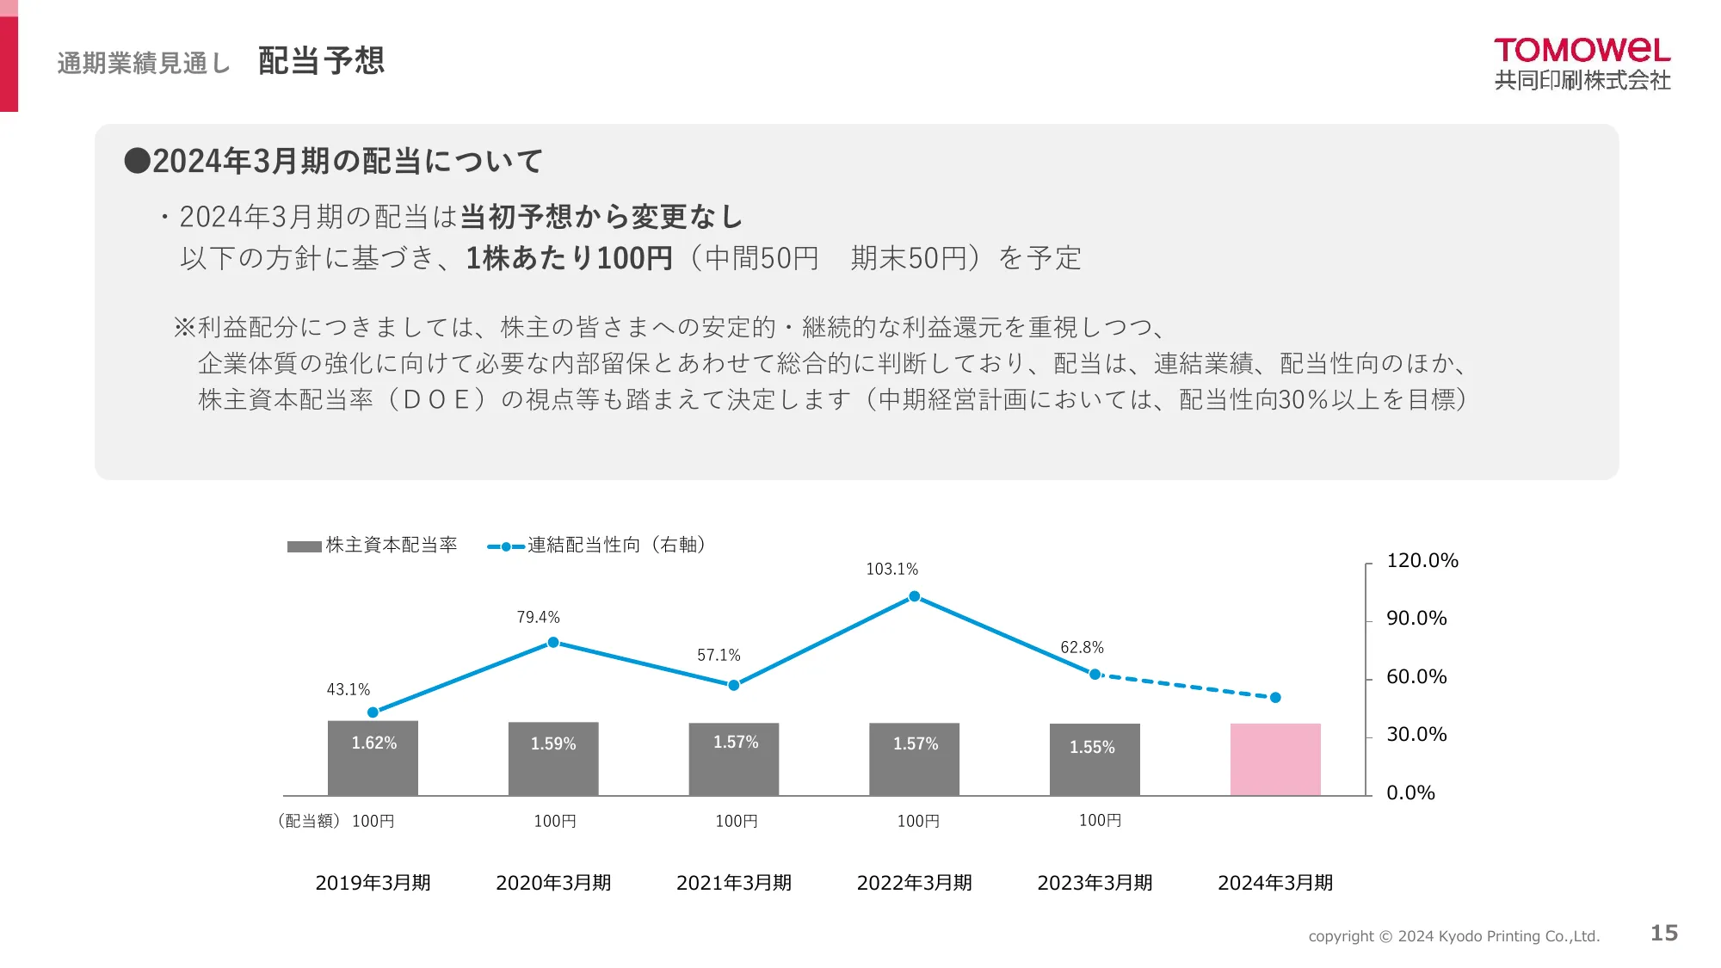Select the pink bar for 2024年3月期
pos(1274,759)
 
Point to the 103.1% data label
pos(891,570)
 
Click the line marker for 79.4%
pos(553,643)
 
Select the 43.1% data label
pos(348,690)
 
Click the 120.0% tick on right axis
pos(1422,561)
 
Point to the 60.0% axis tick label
pos(1416,677)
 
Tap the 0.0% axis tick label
pos(1410,793)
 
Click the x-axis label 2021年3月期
pos(733,883)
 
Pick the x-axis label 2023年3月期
pos(1094,883)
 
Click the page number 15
pos(1663,934)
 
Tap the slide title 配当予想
pos(321,61)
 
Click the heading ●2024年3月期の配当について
pos(334,162)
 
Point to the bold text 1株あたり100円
pos(569,258)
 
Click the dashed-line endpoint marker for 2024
pos(1275,698)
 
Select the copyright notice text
pos(1453,936)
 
